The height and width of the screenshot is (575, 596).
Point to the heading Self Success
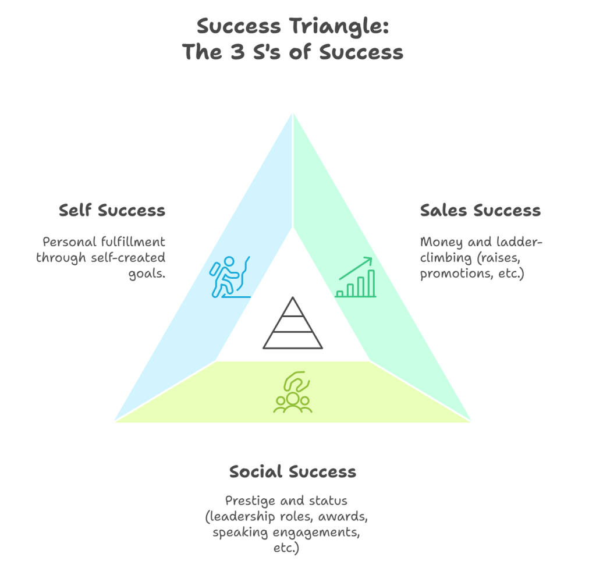[112, 210]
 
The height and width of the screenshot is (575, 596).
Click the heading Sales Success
[480, 210]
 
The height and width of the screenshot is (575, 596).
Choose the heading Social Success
[292, 471]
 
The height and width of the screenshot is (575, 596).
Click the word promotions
[451, 273]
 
